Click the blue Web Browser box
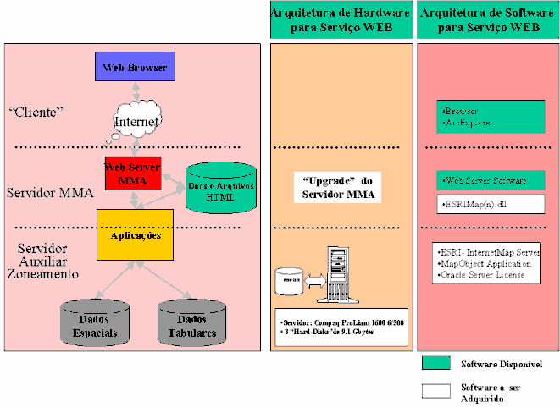pos(134,66)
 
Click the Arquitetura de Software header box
pos(488,19)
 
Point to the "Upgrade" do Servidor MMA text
pos(338,188)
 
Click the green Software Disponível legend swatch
pos(436,363)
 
